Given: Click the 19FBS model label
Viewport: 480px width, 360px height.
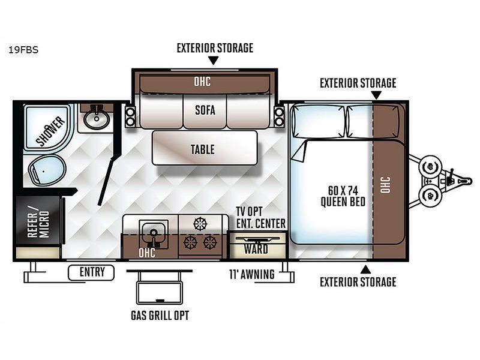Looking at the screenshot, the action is click(23, 50).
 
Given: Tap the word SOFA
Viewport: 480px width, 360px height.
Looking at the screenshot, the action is click(205, 110).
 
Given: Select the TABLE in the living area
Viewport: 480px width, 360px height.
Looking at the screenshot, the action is click(205, 148).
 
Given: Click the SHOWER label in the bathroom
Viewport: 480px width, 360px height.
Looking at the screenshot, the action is click(50, 131).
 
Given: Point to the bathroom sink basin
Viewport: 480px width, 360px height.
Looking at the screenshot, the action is click(97, 119).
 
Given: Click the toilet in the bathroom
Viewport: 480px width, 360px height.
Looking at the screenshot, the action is click(47, 170).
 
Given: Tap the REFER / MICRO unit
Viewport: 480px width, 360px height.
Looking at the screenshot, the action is click(38, 220).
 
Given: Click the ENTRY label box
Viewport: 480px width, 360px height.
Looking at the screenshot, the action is click(91, 272).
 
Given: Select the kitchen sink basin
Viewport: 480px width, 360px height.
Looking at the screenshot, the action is click(154, 233).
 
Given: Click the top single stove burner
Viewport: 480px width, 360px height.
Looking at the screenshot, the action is click(200, 224).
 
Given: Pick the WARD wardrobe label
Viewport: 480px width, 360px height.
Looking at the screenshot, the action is click(256, 249).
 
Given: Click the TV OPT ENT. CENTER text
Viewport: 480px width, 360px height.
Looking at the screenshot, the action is click(260, 217).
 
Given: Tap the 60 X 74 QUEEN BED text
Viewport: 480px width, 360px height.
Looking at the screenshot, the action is click(343, 196).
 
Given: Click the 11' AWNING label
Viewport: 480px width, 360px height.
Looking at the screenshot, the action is click(252, 274).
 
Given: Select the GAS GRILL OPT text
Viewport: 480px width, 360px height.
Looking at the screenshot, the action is click(160, 316).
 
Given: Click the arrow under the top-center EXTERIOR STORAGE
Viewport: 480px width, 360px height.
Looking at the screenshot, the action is click(214, 61).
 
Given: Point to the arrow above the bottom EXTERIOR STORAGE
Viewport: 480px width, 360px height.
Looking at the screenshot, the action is click(365, 269).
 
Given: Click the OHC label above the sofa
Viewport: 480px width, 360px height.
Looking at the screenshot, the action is click(202, 82).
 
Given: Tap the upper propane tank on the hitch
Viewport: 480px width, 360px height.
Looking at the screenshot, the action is click(431, 167).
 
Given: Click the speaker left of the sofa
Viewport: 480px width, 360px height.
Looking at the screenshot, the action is click(130, 116).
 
